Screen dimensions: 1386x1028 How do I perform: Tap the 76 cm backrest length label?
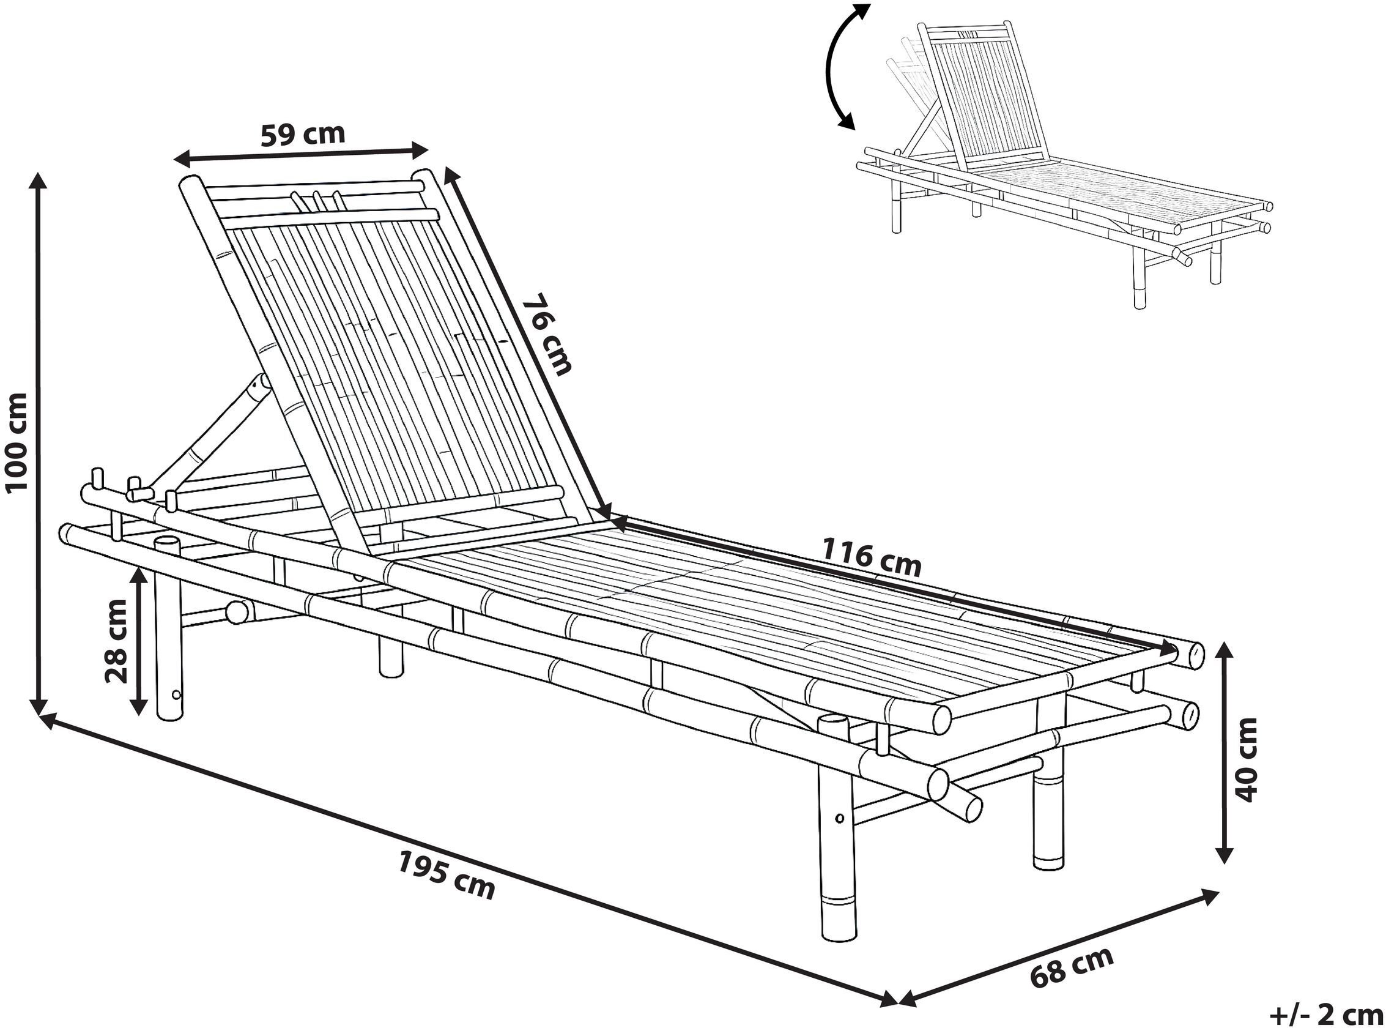[x=546, y=335]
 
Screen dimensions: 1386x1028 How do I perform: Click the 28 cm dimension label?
[x=116, y=641]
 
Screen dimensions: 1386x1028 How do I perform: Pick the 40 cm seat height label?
[x=1245, y=760]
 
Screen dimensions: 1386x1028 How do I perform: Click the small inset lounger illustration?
[x=1064, y=165]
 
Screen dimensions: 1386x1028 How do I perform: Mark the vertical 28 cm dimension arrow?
[x=139, y=641]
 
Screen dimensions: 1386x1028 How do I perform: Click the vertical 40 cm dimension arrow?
[x=1224, y=753]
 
